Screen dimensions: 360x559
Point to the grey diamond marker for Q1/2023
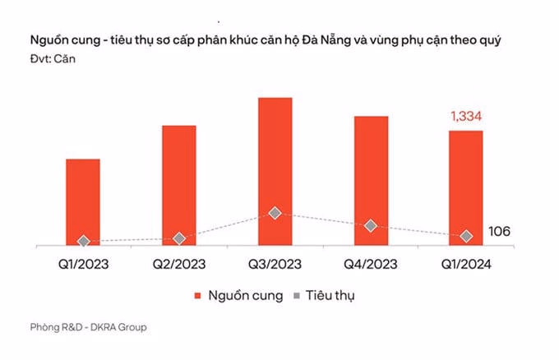tap(83, 242)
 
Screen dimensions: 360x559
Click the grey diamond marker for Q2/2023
tap(179, 238)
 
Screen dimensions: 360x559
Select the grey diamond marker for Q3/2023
tap(275, 213)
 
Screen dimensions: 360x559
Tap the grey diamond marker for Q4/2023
tap(371, 225)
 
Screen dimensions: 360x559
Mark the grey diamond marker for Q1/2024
tap(466, 236)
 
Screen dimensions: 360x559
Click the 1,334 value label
tap(467, 117)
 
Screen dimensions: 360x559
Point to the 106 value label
tap(498, 232)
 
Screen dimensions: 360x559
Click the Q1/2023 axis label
tap(83, 265)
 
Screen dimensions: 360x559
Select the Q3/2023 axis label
tap(275, 265)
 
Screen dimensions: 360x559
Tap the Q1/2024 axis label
tap(466, 265)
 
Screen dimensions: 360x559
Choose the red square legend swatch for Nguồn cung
tap(198, 295)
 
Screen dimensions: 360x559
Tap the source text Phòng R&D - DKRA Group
tap(88, 327)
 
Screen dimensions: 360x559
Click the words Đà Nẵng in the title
tap(347, 39)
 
